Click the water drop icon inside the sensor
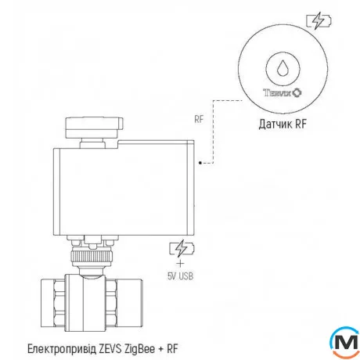pos(280,67)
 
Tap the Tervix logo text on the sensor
pos(280,91)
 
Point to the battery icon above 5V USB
pos(180,249)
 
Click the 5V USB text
pos(181,274)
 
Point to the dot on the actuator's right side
pos(201,164)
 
